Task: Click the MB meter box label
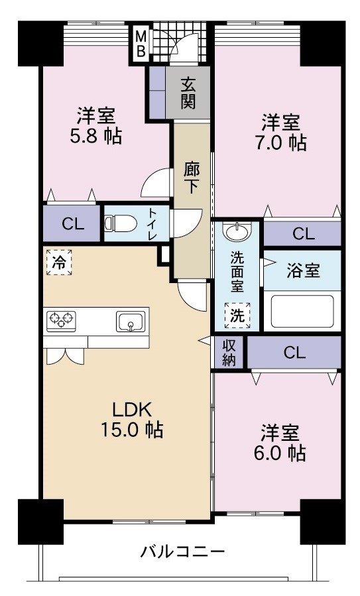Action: click(140, 44)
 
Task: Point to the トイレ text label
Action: click(152, 224)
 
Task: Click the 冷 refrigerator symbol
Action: click(59, 261)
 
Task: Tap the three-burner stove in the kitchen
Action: click(62, 321)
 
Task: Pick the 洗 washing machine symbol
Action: click(237, 316)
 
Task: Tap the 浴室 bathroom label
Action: click(303, 270)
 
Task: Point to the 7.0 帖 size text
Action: click(282, 143)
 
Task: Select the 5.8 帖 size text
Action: click(97, 137)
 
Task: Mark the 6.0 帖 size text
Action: click(282, 453)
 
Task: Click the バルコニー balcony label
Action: click(182, 551)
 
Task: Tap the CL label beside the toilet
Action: click(73, 224)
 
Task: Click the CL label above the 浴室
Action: click(303, 233)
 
